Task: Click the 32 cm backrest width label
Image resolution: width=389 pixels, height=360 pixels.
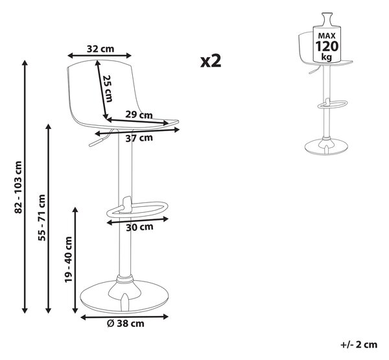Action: tap(100, 49)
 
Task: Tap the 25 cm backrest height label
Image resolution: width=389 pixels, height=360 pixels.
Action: tap(108, 88)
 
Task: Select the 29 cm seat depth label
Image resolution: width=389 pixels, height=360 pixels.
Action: tap(139, 115)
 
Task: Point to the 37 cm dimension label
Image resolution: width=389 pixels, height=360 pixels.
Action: tap(139, 138)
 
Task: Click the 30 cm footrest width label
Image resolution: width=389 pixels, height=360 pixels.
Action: tap(139, 227)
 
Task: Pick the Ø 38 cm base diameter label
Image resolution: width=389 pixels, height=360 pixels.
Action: tap(125, 324)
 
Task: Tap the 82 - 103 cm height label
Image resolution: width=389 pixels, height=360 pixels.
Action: tap(19, 187)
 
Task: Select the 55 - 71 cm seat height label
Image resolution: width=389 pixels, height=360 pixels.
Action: tap(42, 218)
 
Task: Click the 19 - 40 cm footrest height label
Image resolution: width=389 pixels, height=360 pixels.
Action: tap(68, 259)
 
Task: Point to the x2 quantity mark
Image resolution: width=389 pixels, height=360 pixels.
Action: tap(211, 61)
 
